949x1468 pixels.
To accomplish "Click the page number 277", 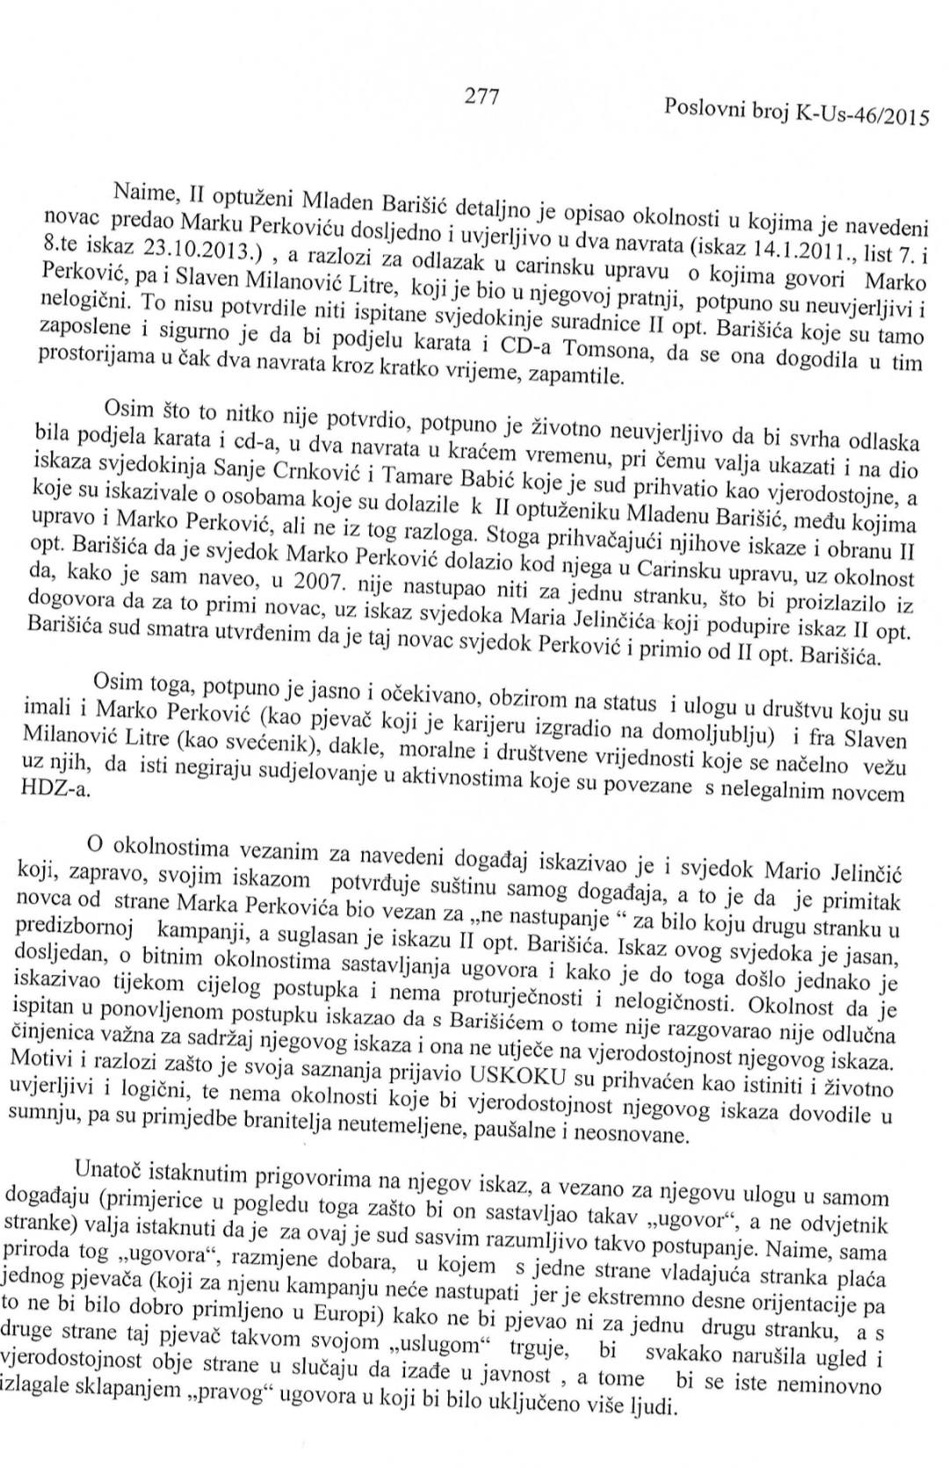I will click(x=482, y=97).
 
